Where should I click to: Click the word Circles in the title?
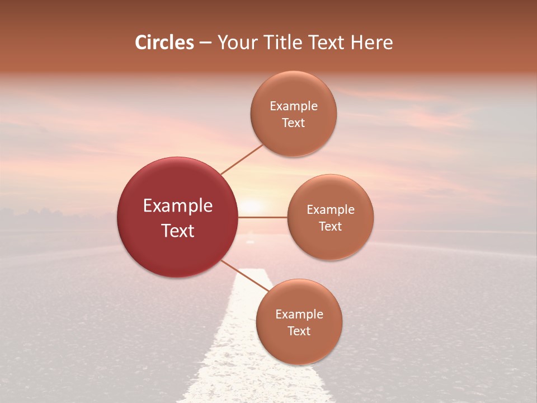tap(164, 43)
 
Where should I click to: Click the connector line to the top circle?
tap(242, 160)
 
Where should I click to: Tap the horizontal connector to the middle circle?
tap(263, 217)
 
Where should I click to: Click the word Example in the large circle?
tap(178, 206)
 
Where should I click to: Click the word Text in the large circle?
tap(178, 231)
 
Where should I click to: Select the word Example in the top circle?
tap(294, 106)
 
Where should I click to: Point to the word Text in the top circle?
tap(294, 123)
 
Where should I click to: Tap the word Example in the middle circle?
tap(331, 210)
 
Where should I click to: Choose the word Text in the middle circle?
tap(331, 227)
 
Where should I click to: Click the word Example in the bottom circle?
tap(299, 315)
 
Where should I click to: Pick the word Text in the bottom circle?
tap(299, 331)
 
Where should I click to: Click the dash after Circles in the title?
tap(205, 43)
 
